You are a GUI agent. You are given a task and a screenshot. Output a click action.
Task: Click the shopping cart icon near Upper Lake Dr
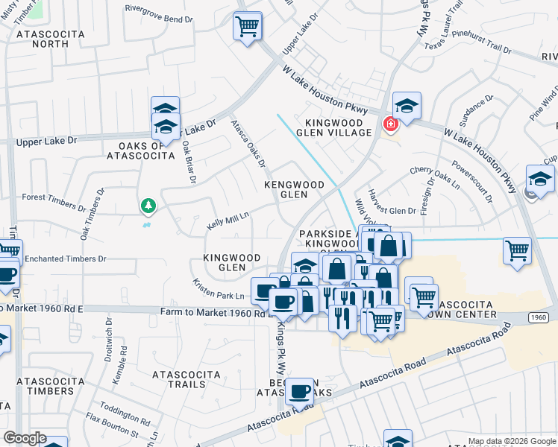[x=247, y=27]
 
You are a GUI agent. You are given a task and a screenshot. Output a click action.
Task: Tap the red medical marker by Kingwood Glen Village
[x=389, y=124]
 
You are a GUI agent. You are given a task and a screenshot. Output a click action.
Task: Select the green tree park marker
[x=148, y=205]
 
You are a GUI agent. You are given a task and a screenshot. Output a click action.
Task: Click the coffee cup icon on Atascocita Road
[x=300, y=391]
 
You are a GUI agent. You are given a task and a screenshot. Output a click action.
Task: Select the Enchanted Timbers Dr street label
[x=66, y=259]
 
